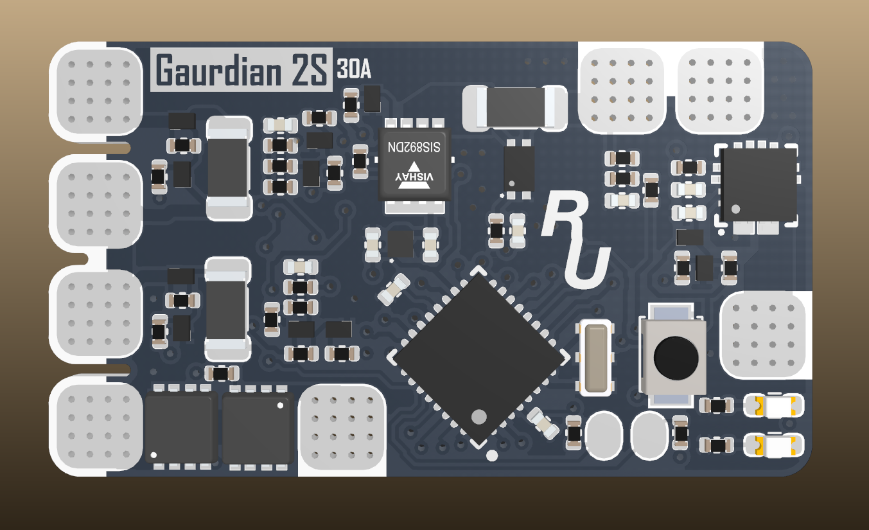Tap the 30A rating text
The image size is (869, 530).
[354, 69]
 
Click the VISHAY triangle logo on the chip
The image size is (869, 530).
[414, 179]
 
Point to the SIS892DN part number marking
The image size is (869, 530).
[414, 147]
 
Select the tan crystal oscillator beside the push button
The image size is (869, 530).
[596, 357]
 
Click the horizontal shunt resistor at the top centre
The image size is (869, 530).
[514, 107]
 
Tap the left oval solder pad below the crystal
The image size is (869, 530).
[603, 432]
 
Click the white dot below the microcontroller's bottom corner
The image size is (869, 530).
[492, 456]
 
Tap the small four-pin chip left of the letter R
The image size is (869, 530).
[519, 167]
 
